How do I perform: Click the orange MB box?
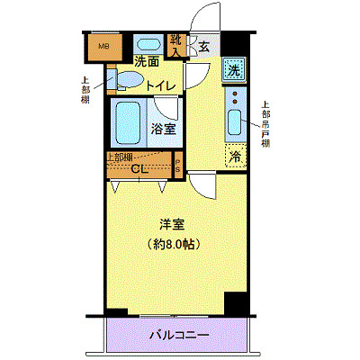point(103,45)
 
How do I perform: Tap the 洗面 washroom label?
point(147,62)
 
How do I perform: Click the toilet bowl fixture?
point(130,82)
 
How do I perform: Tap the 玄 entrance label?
point(204,48)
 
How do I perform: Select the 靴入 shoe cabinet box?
point(175,45)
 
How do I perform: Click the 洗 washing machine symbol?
point(233,68)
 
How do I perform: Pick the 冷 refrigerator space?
point(234,156)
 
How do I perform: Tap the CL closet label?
point(139,167)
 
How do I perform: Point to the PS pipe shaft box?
point(178,167)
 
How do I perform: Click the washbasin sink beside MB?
point(147,45)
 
